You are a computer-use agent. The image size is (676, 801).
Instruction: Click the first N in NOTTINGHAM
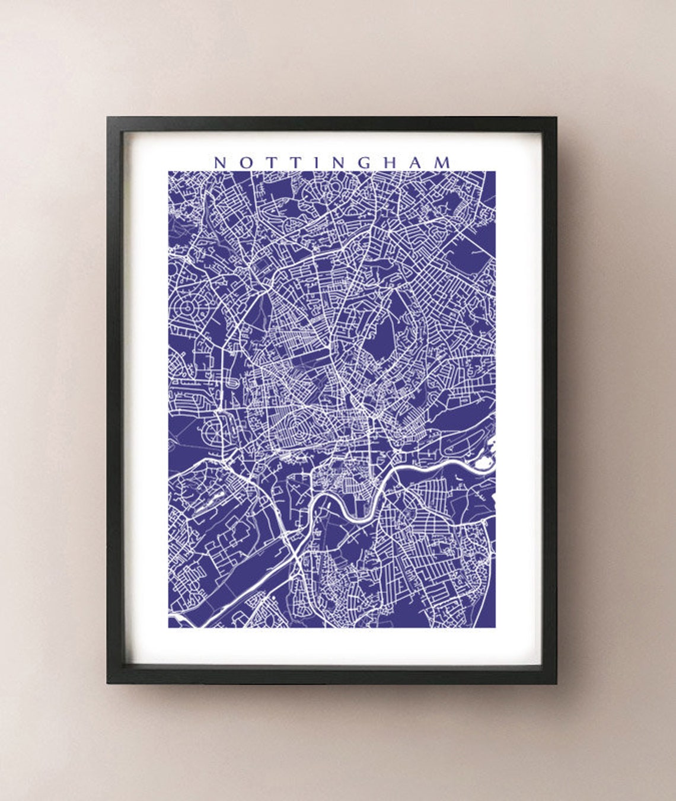click(x=219, y=162)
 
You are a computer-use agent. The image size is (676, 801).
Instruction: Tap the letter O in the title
click(x=245, y=162)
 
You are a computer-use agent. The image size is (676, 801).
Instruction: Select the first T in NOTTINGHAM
click(x=270, y=162)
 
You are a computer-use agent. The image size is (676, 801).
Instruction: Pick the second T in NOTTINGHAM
click(x=294, y=162)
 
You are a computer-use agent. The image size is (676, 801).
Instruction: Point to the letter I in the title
click(x=314, y=162)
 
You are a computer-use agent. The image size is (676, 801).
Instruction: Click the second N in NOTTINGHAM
click(x=337, y=162)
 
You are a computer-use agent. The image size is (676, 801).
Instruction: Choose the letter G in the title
click(x=364, y=162)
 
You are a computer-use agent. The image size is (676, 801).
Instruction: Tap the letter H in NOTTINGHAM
click(x=391, y=162)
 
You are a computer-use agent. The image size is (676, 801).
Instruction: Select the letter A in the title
click(x=417, y=162)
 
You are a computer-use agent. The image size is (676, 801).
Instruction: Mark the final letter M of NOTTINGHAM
click(x=444, y=162)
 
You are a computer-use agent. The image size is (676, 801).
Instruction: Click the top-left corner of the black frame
click(x=108, y=118)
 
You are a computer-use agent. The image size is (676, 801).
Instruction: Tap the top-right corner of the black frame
click(x=556, y=118)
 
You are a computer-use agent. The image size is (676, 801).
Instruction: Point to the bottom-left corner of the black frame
click(x=108, y=683)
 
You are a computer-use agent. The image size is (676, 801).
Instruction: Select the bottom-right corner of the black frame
click(x=556, y=683)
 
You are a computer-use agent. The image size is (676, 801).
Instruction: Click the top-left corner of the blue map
click(x=168, y=172)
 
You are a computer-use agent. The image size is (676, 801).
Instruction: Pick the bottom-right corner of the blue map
click(x=495, y=627)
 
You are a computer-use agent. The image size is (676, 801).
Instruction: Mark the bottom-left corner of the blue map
click(x=168, y=627)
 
